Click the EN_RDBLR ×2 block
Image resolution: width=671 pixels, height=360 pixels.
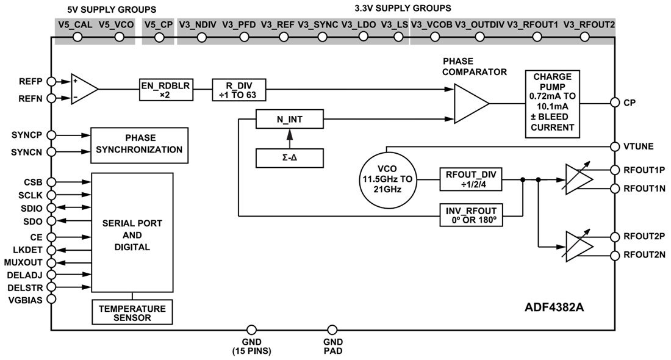click(165, 90)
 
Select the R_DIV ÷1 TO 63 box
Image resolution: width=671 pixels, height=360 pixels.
click(239, 90)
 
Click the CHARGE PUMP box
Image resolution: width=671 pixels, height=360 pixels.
click(552, 102)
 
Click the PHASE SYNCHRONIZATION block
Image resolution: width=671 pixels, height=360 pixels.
click(140, 144)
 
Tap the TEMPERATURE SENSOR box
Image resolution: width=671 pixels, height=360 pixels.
click(132, 312)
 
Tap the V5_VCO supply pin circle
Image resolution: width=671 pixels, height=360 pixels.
click(120, 37)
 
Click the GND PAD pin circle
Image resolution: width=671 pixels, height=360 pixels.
click(332, 330)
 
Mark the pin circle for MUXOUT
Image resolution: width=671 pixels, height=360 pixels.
click(51, 262)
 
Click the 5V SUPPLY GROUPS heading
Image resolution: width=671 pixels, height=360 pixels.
click(112, 9)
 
